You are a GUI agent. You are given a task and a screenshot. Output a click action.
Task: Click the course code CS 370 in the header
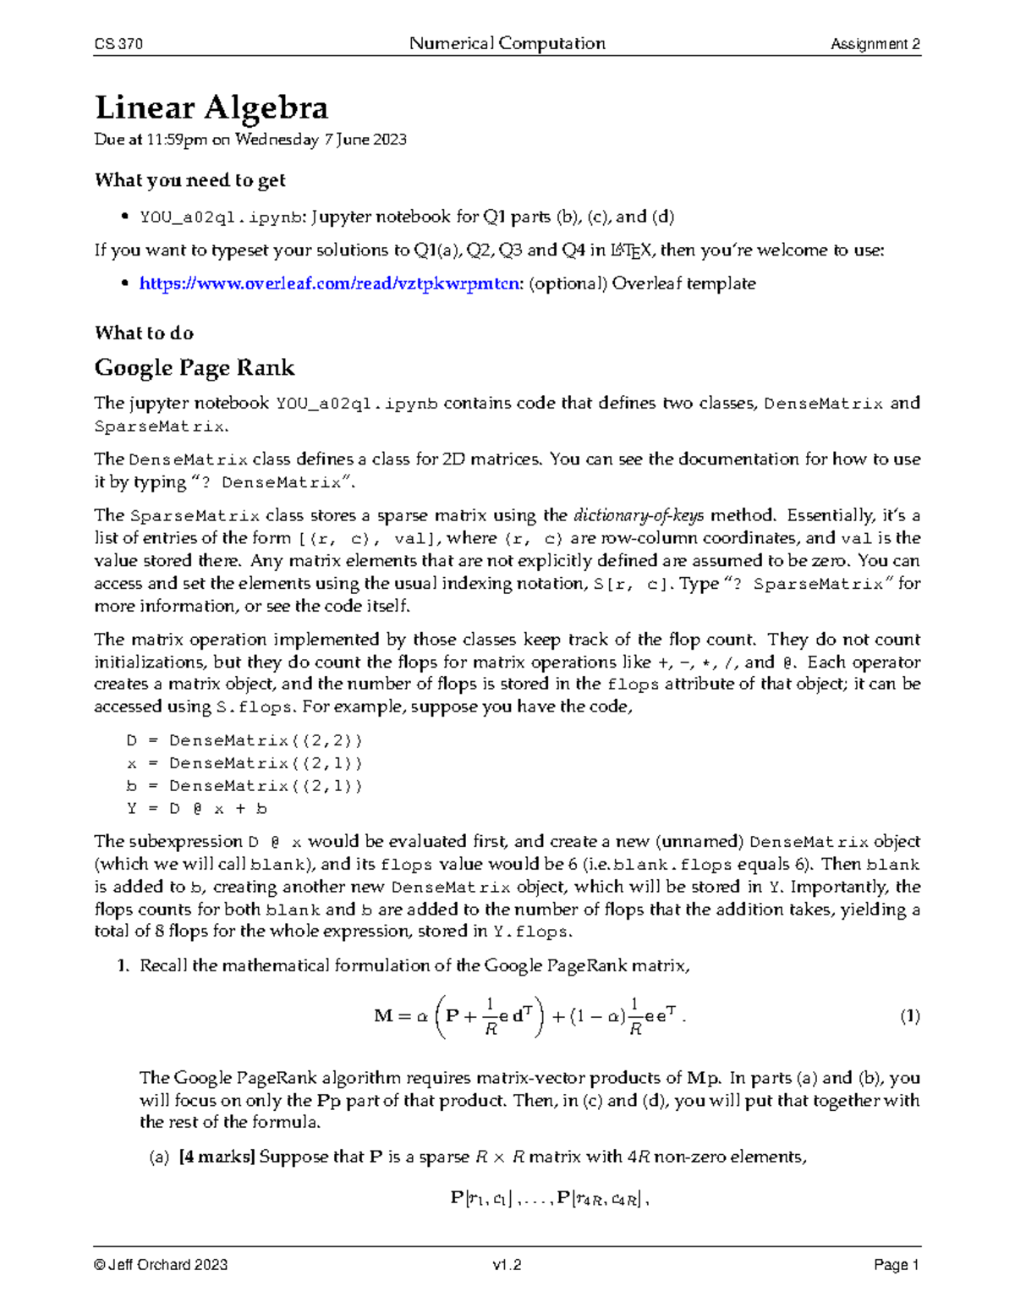tap(118, 44)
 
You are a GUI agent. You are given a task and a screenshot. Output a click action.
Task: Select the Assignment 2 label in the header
tap(875, 44)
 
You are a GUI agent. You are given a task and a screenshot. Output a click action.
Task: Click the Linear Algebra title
tap(211, 108)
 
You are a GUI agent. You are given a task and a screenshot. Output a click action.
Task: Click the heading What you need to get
tap(189, 180)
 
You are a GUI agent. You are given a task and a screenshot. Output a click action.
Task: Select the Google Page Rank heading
tap(195, 367)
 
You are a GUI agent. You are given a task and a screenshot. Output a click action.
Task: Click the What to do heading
tap(144, 333)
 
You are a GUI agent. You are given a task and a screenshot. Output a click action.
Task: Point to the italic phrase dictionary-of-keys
tap(639, 515)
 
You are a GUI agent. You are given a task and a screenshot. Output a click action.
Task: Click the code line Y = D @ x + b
tap(196, 808)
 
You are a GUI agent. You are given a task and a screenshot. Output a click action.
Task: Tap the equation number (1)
tap(909, 1016)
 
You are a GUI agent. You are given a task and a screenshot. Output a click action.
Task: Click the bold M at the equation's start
tap(383, 1016)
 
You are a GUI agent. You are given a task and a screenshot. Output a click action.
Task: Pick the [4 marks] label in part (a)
tap(217, 1157)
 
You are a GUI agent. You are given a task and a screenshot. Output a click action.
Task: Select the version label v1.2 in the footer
tap(507, 1265)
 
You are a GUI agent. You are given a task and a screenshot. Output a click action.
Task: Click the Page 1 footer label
tap(897, 1265)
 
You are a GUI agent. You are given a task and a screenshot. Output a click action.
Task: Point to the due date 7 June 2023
tap(365, 140)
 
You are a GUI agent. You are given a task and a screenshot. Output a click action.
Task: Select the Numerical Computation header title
tap(507, 43)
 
